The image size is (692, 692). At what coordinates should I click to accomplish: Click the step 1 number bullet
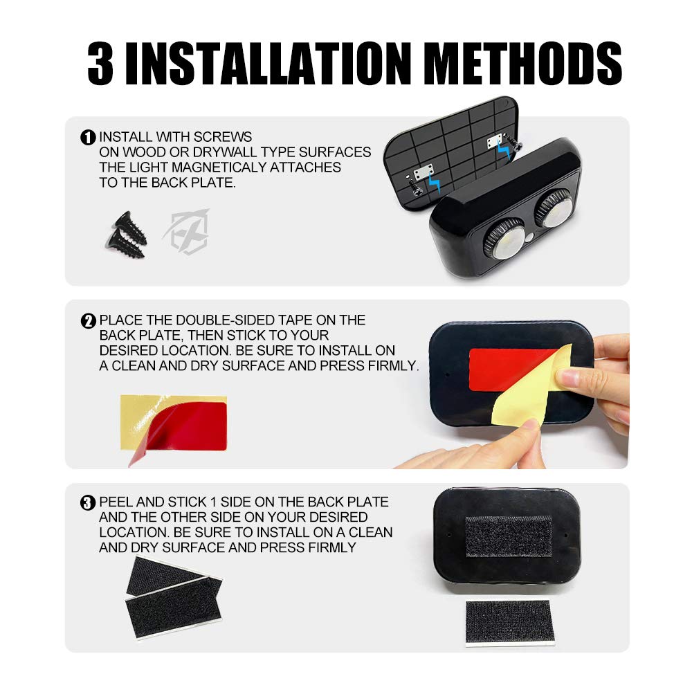(89, 138)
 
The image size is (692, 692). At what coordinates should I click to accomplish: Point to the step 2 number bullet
(89, 321)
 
